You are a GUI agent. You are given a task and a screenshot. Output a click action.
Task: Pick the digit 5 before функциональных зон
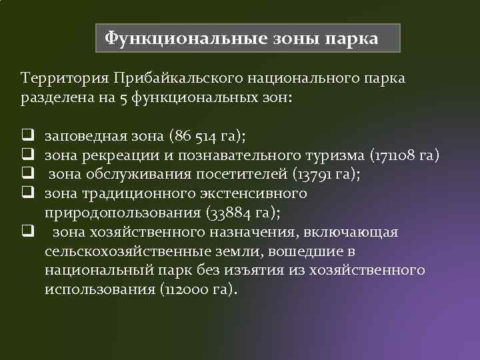tap(126, 98)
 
